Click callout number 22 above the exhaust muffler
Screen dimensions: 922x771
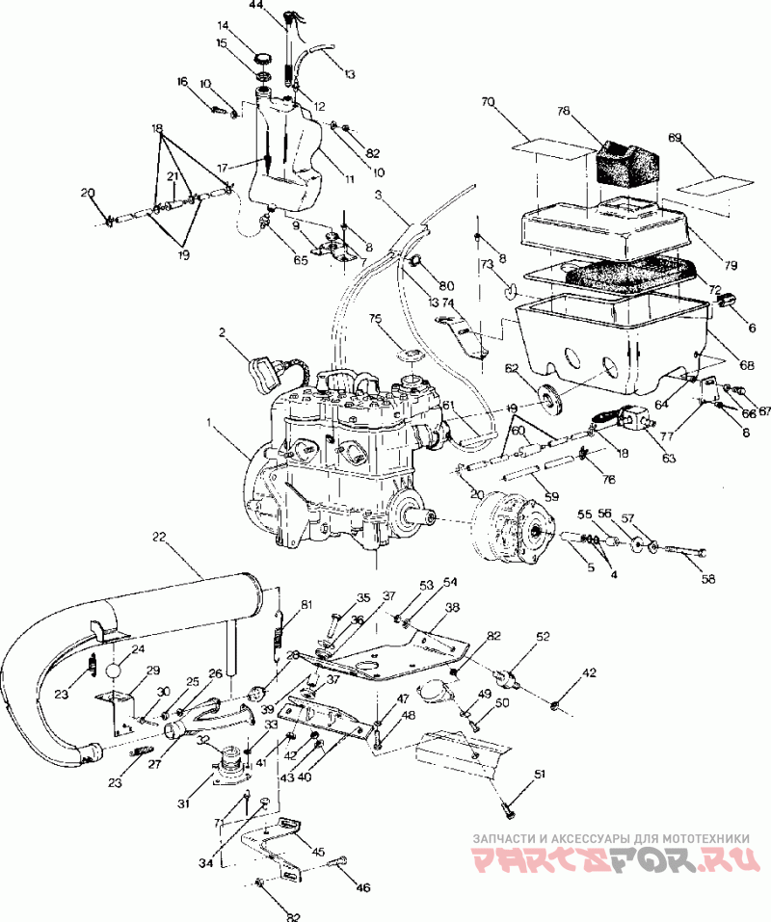[x=158, y=537]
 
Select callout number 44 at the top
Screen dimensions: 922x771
[x=256, y=6]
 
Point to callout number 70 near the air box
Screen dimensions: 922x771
[x=488, y=101]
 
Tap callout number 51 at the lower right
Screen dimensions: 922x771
[x=541, y=773]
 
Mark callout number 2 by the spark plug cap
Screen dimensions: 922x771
[x=222, y=333]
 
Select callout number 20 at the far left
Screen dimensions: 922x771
[x=89, y=193]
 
